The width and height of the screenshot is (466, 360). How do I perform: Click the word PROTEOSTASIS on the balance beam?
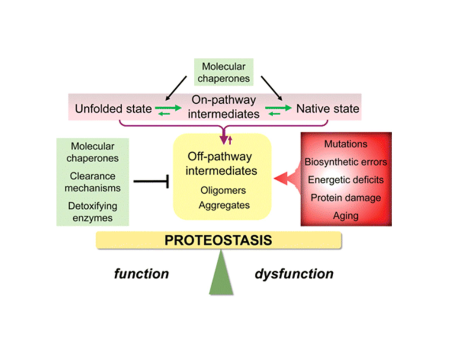pyautogui.click(x=218, y=240)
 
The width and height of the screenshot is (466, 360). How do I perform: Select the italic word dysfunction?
pyautogui.click(x=294, y=274)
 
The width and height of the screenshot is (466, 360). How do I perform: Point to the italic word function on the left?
pyautogui.click(x=141, y=274)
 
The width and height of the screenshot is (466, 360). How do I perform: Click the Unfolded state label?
pyautogui.click(x=113, y=109)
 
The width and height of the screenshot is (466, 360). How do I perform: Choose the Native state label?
pyautogui.click(x=327, y=109)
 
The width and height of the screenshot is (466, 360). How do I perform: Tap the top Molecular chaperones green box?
pyautogui.click(x=223, y=73)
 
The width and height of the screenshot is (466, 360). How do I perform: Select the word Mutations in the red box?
pyautogui.click(x=346, y=144)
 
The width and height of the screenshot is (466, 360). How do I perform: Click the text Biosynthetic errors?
pyautogui.click(x=346, y=162)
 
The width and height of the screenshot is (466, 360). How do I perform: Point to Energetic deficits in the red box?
pyautogui.click(x=346, y=180)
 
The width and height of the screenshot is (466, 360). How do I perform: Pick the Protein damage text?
pyautogui.click(x=346, y=198)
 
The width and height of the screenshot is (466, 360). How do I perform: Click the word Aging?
pyautogui.click(x=346, y=216)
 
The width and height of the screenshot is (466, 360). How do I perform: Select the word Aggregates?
pyautogui.click(x=224, y=205)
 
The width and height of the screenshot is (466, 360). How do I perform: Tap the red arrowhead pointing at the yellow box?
pyautogui.click(x=281, y=178)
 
